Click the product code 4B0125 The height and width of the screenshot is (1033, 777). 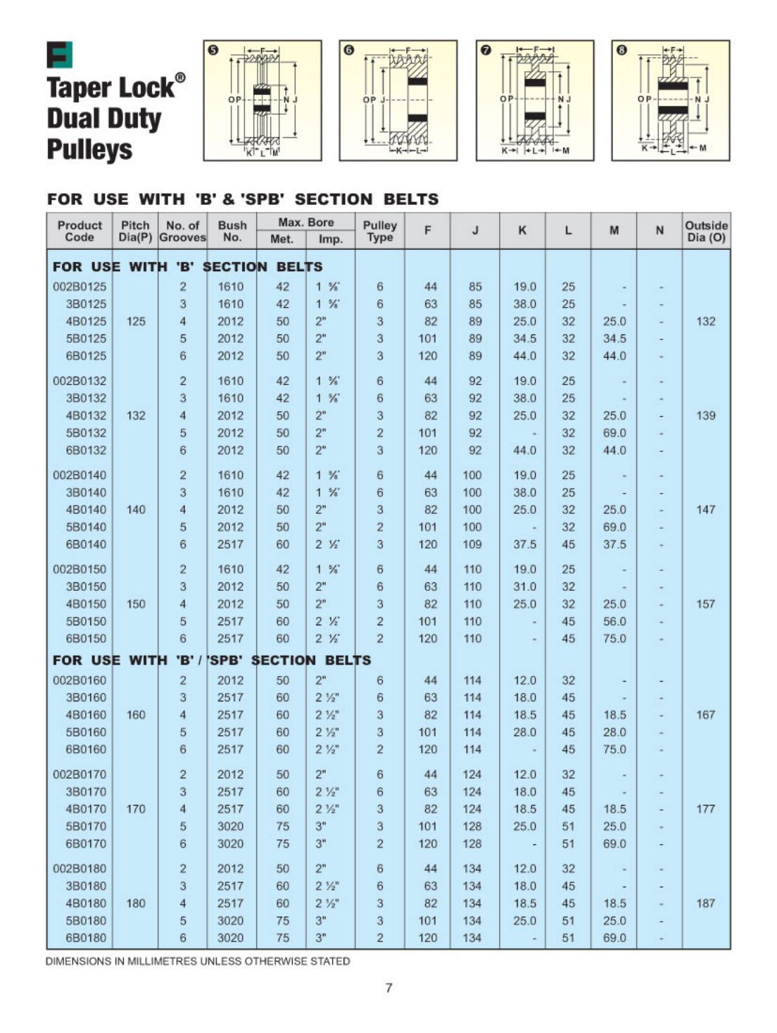(85, 321)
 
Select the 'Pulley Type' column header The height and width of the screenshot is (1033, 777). (379, 231)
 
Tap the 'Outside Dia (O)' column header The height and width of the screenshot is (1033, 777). (706, 231)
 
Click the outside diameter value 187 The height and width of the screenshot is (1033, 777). (705, 903)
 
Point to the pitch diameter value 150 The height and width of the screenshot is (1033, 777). (136, 604)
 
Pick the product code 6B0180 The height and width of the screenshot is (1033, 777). (85, 938)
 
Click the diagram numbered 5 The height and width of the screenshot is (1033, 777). (263, 101)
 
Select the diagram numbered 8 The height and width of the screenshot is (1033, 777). (671, 101)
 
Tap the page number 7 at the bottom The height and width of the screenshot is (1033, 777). (388, 988)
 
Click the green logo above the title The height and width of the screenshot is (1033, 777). (59, 55)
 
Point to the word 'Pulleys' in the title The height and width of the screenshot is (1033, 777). (89, 149)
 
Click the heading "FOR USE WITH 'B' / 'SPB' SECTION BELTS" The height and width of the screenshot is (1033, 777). (211, 661)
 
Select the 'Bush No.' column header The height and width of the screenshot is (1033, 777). (232, 231)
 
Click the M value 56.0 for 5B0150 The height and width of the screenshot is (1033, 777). (614, 622)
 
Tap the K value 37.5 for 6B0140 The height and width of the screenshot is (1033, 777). (524, 544)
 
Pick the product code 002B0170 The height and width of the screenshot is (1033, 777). (80, 775)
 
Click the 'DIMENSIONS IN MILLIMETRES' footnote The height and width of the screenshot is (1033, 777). (198, 961)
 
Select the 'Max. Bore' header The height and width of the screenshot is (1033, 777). (305, 223)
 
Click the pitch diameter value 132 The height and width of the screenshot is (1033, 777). (136, 415)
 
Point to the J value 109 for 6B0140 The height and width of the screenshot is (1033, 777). (472, 544)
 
